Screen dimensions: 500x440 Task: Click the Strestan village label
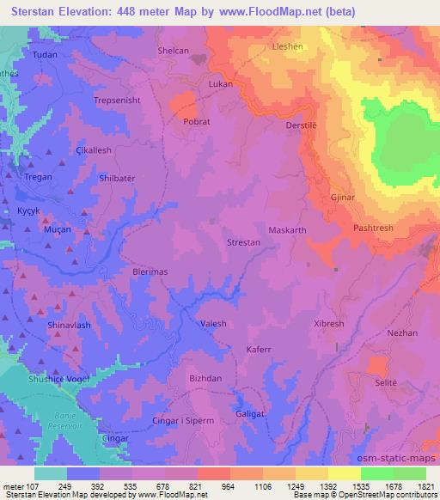[x=243, y=243]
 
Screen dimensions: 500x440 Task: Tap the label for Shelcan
[x=173, y=51]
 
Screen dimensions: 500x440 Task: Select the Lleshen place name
[x=287, y=47]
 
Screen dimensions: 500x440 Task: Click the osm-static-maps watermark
[x=397, y=457]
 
